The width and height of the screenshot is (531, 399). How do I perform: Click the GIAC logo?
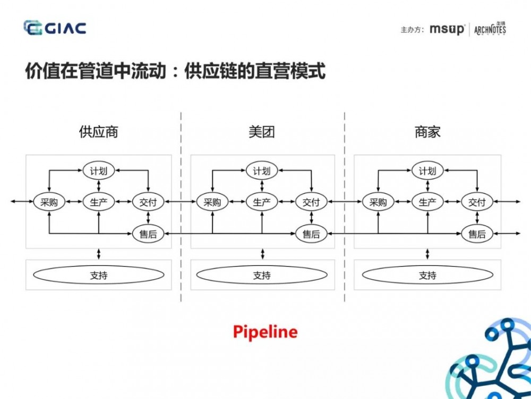(x=55, y=28)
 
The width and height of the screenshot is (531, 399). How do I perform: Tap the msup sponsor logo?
(x=447, y=29)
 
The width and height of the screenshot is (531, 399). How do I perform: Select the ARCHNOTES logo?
(x=490, y=29)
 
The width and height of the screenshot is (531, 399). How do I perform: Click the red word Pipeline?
(x=265, y=332)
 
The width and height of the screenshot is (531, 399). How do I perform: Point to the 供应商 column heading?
(x=98, y=132)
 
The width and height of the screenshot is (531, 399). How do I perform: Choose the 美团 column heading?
(x=262, y=132)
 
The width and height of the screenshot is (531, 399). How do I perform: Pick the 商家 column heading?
(x=427, y=132)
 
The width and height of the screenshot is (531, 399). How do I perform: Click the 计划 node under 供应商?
(x=99, y=171)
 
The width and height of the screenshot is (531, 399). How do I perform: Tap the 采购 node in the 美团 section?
(x=212, y=202)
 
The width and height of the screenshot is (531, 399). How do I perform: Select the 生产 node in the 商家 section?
(x=427, y=202)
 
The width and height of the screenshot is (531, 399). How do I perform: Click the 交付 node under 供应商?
(x=148, y=202)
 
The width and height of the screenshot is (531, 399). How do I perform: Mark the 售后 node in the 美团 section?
(x=311, y=234)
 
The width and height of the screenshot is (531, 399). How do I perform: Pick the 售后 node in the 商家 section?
(x=477, y=234)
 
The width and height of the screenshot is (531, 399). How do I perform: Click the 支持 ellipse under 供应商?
(x=99, y=275)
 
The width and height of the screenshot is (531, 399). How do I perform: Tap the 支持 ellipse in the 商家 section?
(x=427, y=275)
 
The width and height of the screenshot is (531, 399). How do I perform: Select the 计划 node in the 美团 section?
(x=262, y=171)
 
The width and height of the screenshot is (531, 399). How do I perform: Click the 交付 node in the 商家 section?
(x=477, y=202)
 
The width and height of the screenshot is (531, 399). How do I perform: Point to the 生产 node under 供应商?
(x=99, y=202)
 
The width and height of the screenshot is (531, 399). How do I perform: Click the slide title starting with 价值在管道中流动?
(x=175, y=71)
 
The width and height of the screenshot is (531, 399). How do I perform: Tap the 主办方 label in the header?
(x=412, y=30)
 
